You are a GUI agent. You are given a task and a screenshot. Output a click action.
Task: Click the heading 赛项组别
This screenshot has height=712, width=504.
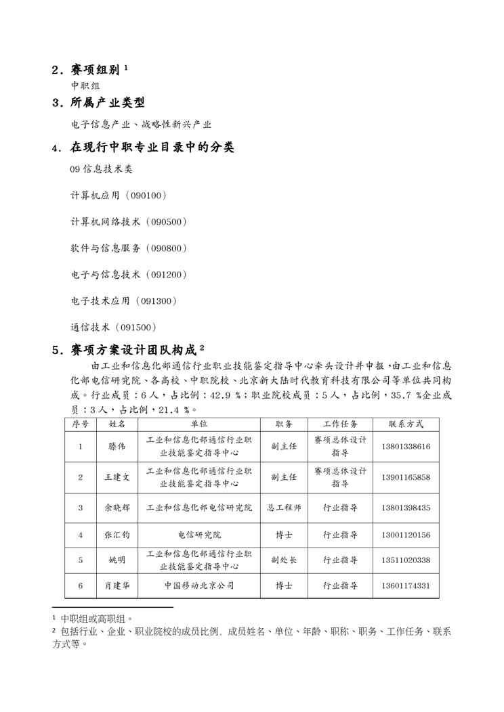[95, 70]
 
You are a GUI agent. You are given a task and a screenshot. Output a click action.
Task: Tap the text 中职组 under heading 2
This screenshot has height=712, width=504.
[85, 86]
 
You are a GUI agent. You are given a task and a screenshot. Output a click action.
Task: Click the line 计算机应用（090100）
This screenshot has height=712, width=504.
[119, 196]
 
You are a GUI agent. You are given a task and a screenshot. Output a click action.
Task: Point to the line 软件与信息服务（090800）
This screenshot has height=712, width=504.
[128, 248]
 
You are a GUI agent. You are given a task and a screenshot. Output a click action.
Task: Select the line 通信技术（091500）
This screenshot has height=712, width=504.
[114, 328]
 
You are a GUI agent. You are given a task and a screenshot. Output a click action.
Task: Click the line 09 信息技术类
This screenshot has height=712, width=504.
[102, 169]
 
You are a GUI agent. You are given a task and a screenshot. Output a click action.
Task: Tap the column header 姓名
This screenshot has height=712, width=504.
[117, 424]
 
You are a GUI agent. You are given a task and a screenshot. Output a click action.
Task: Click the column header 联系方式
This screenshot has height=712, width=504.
[406, 424]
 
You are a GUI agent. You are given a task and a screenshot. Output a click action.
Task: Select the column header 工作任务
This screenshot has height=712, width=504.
[340, 424]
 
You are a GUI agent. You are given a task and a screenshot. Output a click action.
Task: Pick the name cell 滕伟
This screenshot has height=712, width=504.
[117, 447]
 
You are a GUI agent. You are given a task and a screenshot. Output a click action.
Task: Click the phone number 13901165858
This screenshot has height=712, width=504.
[406, 478]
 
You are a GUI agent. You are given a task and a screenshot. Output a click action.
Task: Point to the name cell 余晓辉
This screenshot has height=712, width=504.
[117, 508]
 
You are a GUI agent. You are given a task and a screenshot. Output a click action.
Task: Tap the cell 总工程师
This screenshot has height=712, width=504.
[284, 508]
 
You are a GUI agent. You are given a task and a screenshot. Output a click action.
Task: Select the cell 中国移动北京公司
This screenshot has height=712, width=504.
[199, 585]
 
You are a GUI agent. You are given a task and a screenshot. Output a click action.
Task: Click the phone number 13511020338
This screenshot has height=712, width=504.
[406, 560]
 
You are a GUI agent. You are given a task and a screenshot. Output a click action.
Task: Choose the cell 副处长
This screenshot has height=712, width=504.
[284, 560]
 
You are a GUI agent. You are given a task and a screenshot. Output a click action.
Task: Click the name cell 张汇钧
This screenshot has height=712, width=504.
[117, 535]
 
